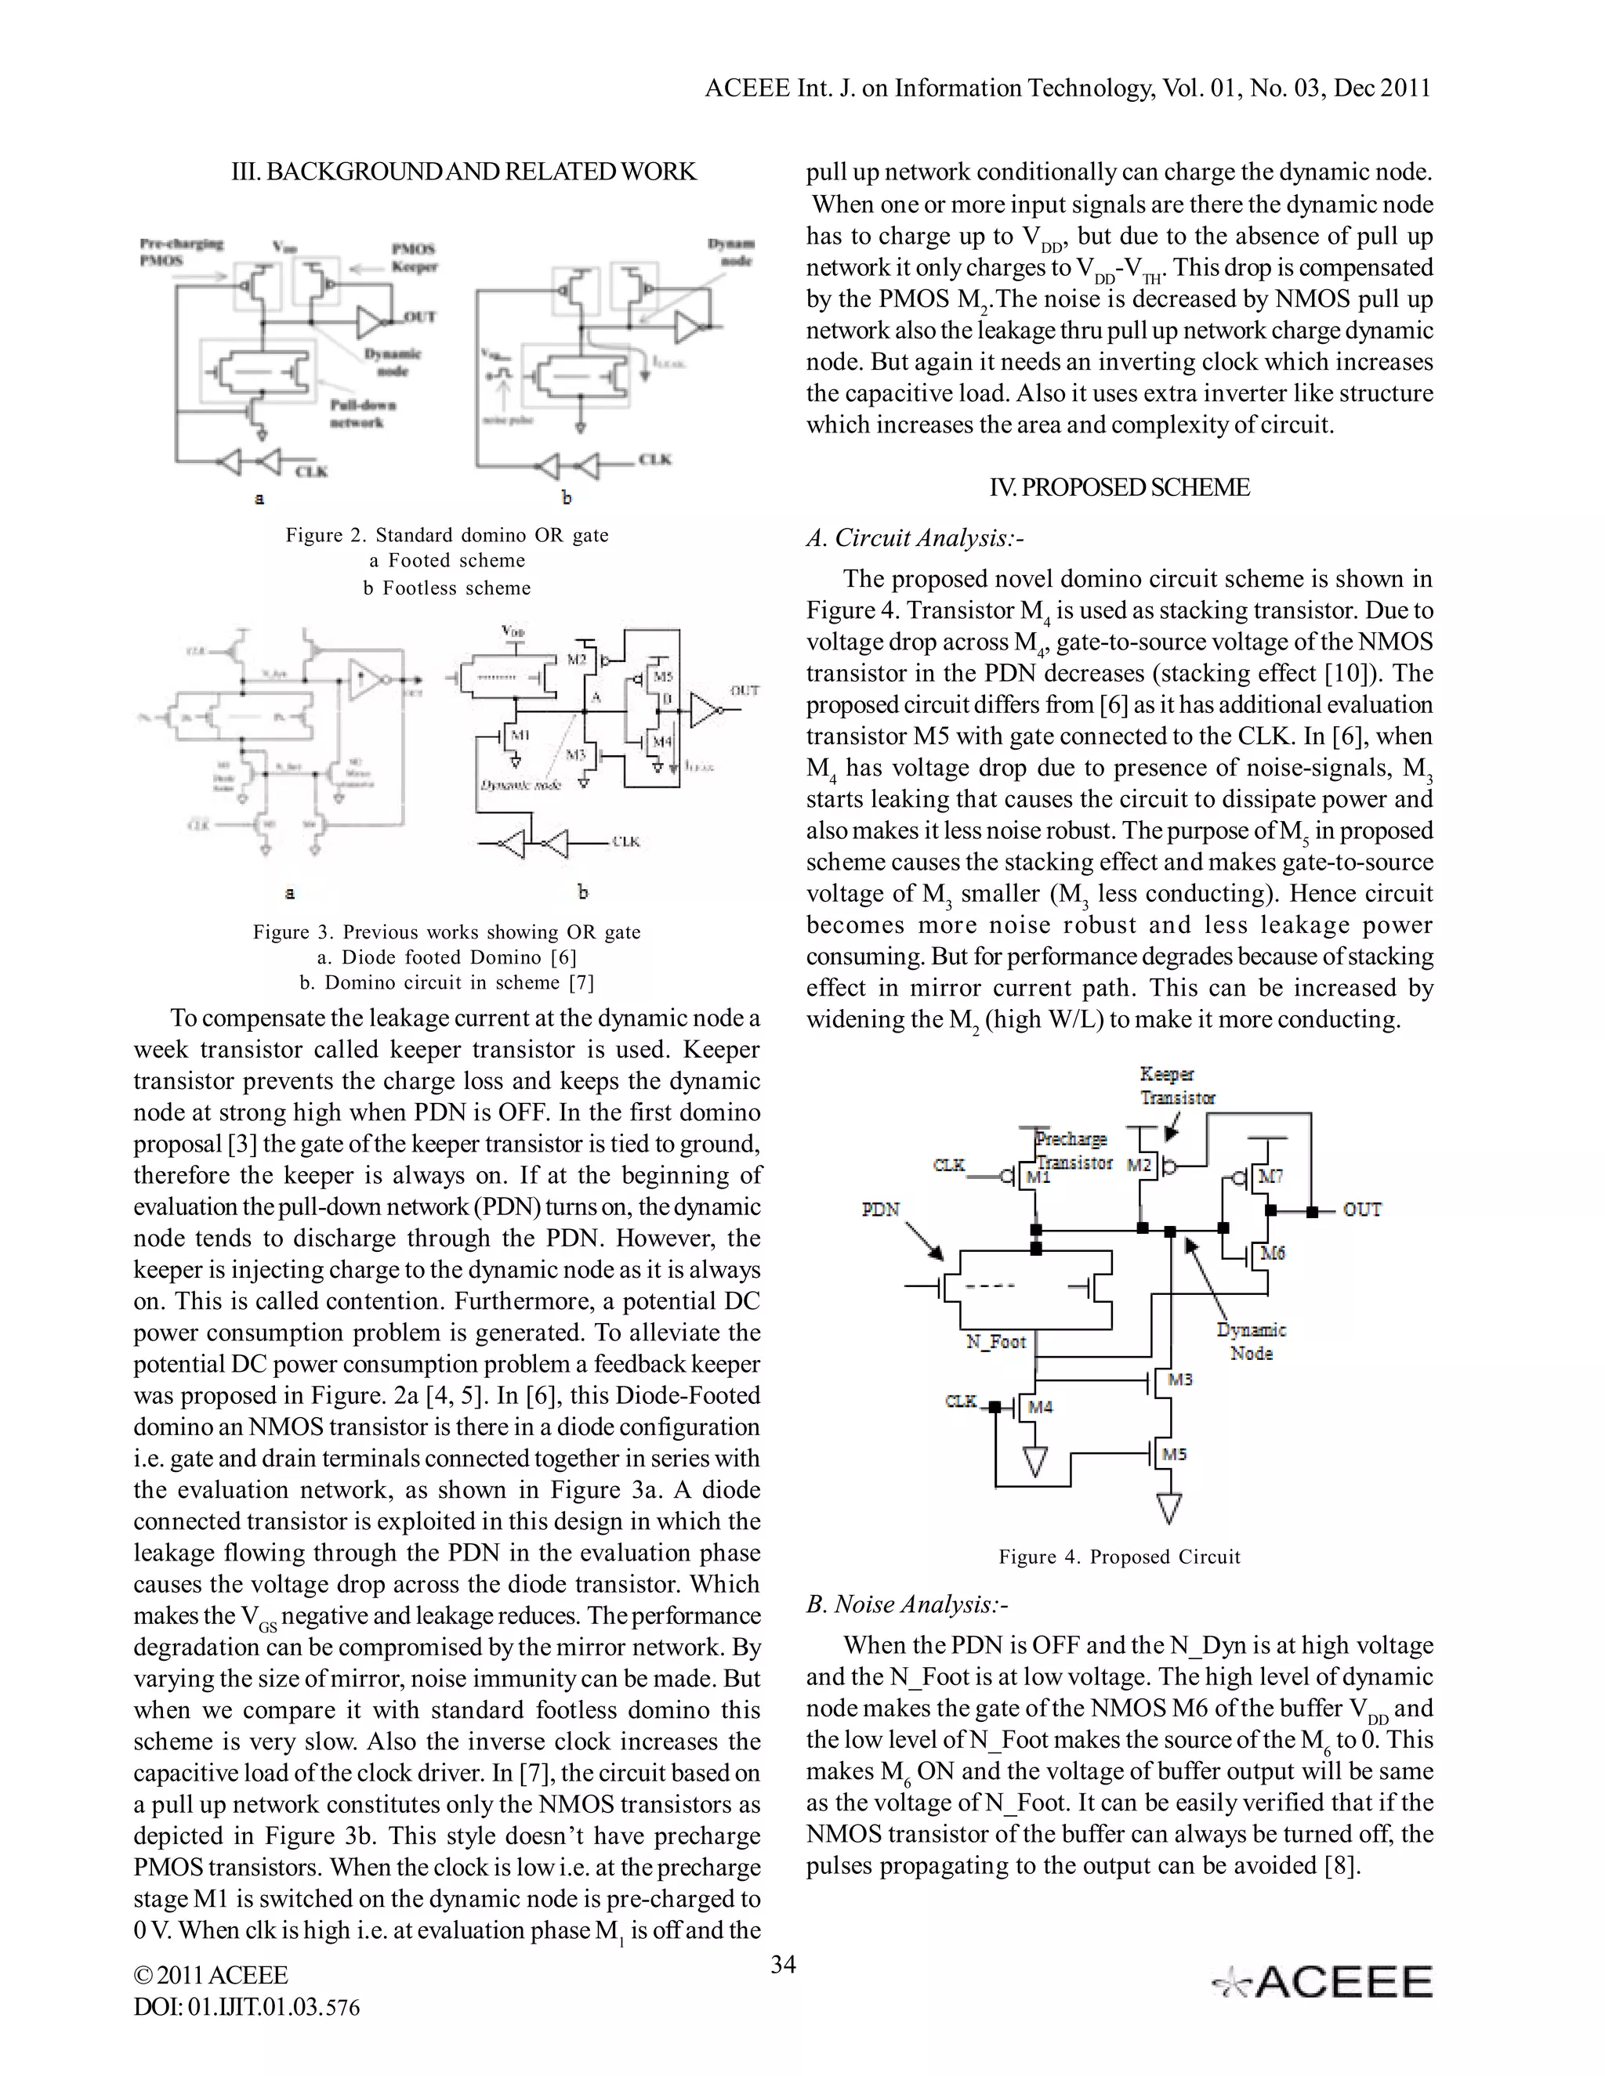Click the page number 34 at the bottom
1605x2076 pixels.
click(x=783, y=1964)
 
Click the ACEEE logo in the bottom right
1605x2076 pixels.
click(x=1323, y=1983)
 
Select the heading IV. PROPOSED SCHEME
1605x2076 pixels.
click(x=1119, y=487)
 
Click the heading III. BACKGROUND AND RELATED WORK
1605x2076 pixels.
click(x=464, y=172)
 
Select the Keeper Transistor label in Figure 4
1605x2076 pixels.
click(x=1177, y=1086)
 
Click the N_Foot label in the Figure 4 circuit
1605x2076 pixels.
click(x=995, y=1341)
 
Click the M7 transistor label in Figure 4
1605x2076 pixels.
click(x=1271, y=1177)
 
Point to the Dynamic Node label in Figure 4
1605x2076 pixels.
click(x=1252, y=1341)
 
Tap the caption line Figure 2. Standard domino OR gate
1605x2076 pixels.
click(x=447, y=535)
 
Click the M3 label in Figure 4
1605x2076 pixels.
click(x=1180, y=1380)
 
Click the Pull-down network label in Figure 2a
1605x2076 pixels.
click(x=363, y=414)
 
